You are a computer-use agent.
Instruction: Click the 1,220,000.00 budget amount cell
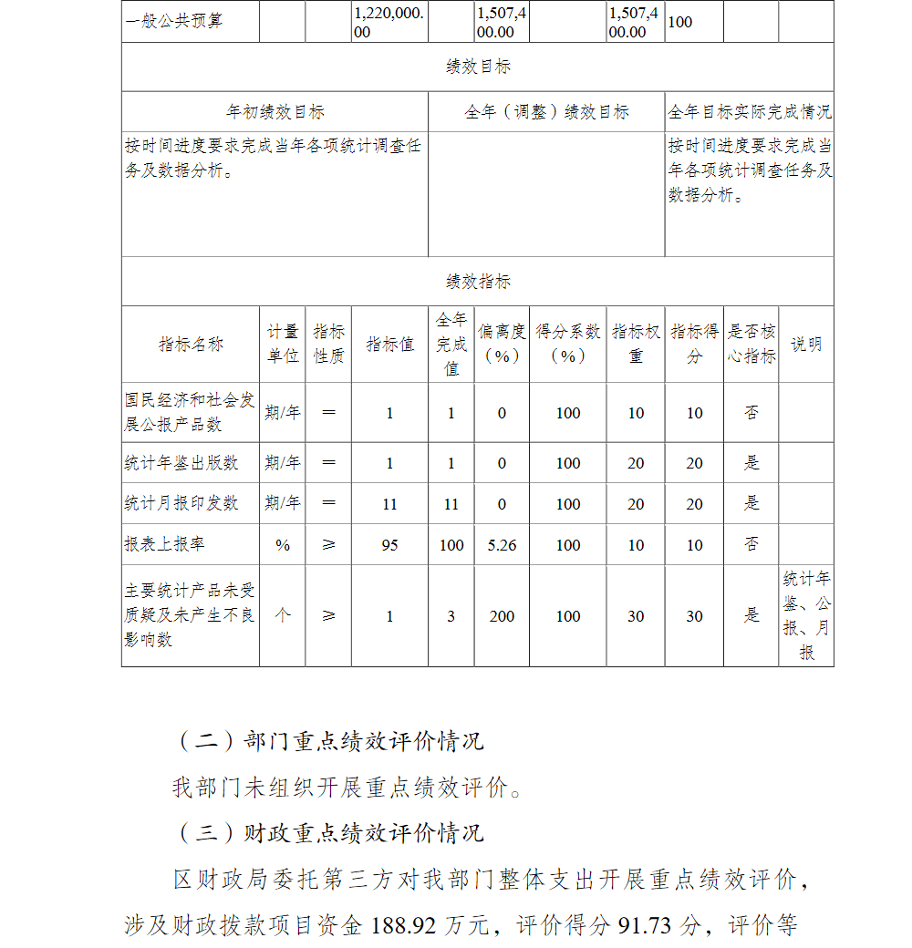(x=389, y=23)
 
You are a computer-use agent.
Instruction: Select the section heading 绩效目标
(x=478, y=67)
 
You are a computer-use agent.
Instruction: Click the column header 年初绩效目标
(x=275, y=112)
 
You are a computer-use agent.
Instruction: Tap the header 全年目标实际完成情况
(x=750, y=112)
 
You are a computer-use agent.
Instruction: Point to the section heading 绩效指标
(x=478, y=282)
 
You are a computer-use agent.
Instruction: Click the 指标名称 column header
(x=191, y=345)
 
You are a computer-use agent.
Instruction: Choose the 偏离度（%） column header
(x=502, y=345)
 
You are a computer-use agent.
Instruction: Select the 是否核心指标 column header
(x=751, y=345)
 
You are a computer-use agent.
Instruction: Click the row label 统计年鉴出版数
(x=181, y=463)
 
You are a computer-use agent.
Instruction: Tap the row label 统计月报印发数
(x=181, y=503)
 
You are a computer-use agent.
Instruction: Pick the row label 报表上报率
(x=165, y=544)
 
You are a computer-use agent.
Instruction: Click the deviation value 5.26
(x=502, y=545)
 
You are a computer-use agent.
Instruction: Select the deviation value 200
(x=502, y=616)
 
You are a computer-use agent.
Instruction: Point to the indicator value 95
(x=389, y=545)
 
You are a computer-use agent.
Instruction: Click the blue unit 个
(x=283, y=615)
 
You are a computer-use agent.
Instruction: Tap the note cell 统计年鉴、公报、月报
(x=806, y=615)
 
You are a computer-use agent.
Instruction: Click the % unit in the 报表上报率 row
(x=283, y=545)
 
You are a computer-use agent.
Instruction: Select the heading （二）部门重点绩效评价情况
(x=327, y=741)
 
